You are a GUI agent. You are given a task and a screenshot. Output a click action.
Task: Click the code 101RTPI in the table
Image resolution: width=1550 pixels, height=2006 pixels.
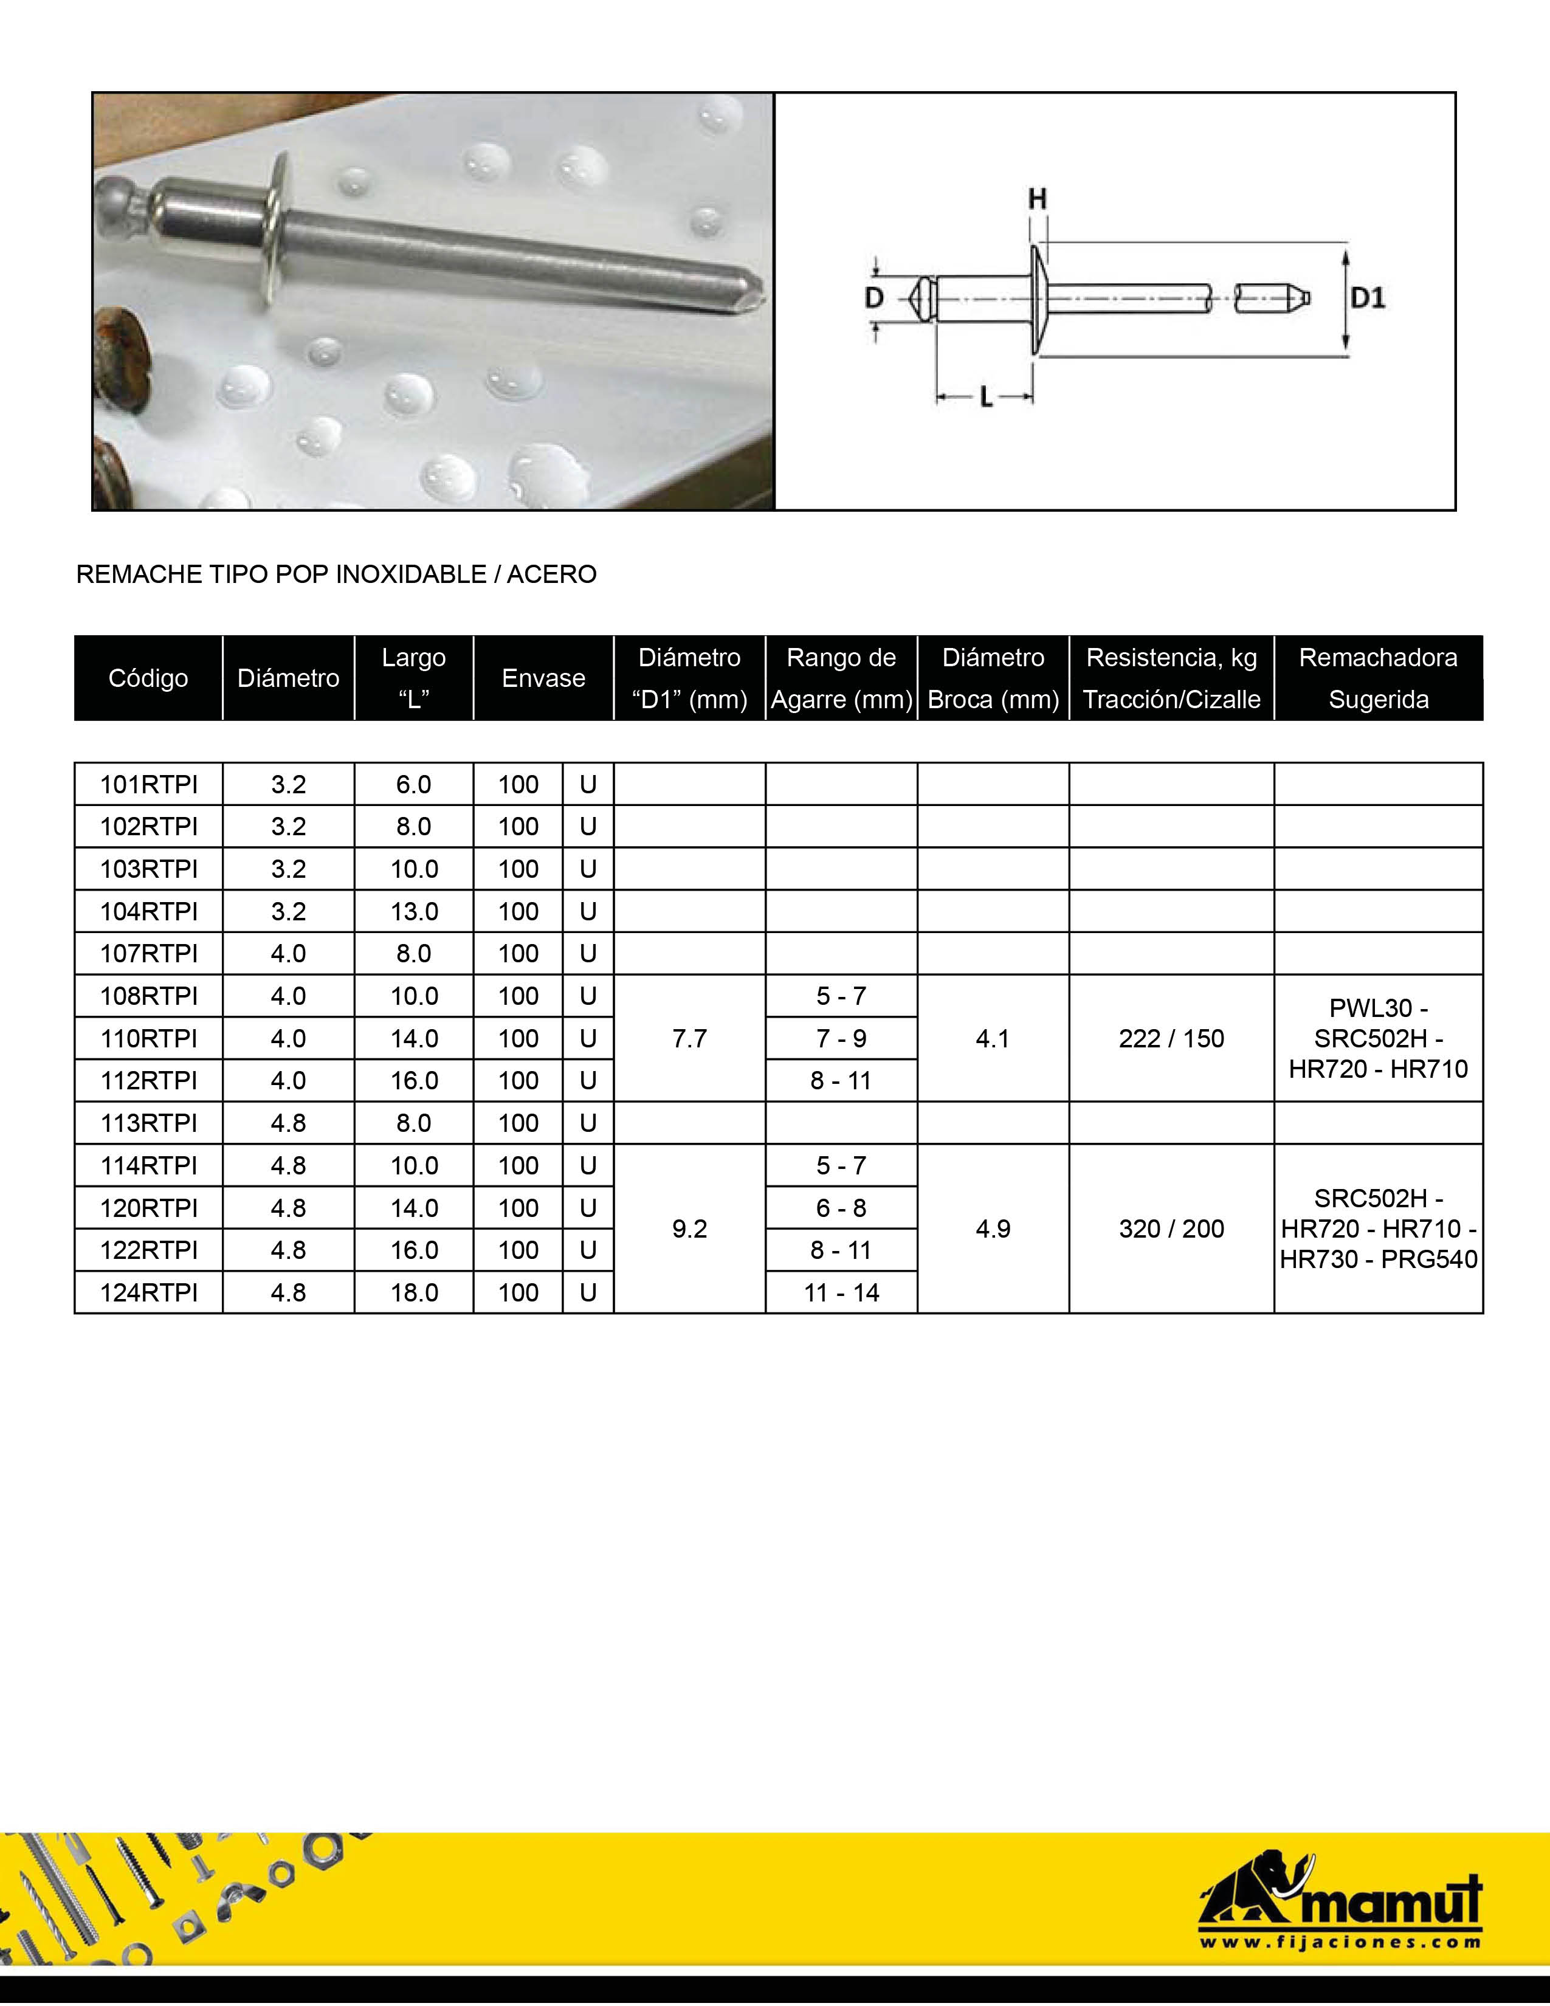(149, 784)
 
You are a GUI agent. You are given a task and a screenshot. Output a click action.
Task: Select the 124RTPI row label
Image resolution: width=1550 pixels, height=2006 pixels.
(149, 1292)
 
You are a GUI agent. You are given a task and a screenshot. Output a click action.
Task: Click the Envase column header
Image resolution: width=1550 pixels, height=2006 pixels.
(543, 678)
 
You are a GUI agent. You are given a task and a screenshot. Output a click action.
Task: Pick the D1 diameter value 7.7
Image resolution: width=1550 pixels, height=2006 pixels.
(690, 1038)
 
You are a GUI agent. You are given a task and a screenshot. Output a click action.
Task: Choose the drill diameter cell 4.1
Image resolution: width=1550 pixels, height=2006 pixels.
(993, 1038)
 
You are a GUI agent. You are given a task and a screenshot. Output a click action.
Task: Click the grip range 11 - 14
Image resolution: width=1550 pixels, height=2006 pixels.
(841, 1292)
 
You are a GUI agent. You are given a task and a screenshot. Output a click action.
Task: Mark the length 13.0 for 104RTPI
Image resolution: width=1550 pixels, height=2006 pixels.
(414, 911)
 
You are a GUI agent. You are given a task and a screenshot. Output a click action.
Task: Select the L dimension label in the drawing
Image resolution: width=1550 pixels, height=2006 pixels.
(986, 398)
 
